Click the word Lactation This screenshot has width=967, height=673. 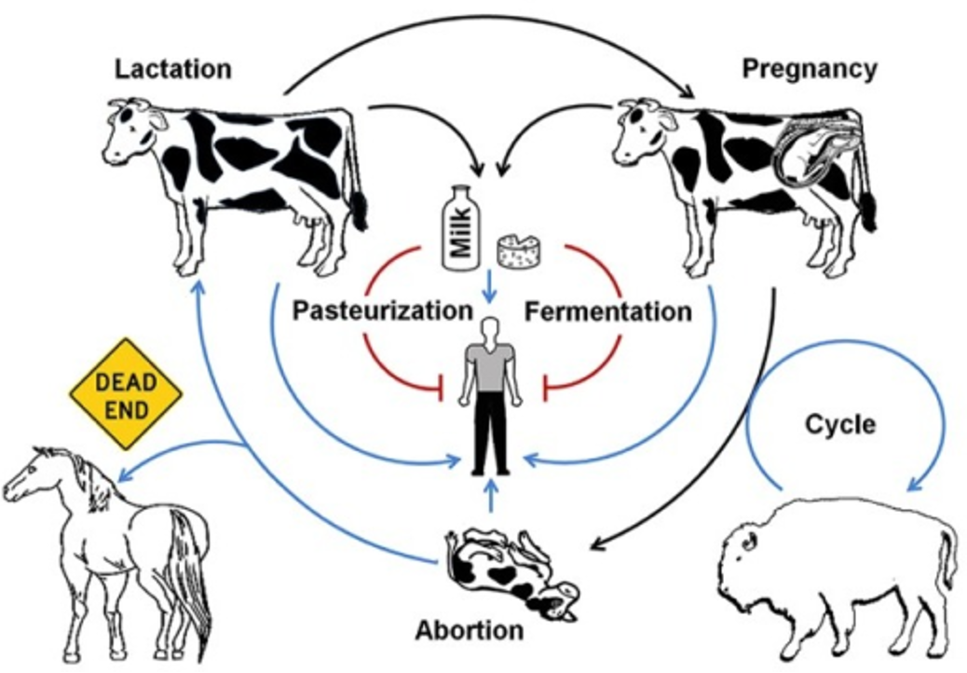[x=172, y=69]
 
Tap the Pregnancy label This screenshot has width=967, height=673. [x=809, y=69]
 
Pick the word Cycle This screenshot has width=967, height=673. [x=839, y=424]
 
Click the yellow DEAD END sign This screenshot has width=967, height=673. [x=126, y=396]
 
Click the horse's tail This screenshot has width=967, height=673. [x=191, y=569]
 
